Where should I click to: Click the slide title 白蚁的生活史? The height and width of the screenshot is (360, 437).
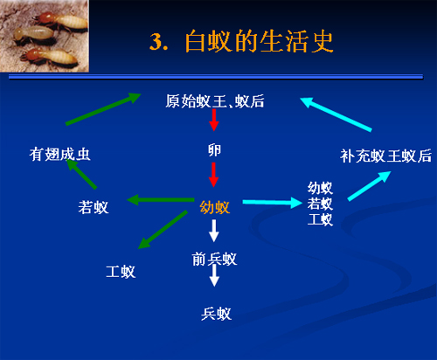(x=259, y=41)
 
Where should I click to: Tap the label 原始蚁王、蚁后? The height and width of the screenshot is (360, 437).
(x=215, y=101)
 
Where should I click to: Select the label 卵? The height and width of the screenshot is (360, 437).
(x=214, y=150)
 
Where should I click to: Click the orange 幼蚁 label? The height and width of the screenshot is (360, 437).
(x=215, y=208)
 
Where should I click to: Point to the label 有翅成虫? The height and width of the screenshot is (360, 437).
(x=59, y=154)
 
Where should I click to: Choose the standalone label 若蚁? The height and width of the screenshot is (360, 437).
(x=94, y=208)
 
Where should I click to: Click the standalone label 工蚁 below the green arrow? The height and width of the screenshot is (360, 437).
(x=121, y=272)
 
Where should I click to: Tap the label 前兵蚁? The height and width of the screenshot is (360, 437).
(x=214, y=259)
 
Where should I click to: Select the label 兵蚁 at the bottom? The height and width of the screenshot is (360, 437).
(x=216, y=314)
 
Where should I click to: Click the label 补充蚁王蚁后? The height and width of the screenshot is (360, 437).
(x=385, y=156)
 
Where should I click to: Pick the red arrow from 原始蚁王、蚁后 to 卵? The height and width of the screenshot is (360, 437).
(x=214, y=120)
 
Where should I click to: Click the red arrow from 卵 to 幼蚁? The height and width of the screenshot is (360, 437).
(x=214, y=175)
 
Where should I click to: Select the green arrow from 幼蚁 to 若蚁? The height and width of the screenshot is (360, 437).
(x=161, y=200)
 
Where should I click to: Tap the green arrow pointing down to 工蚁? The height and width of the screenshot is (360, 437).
(x=163, y=230)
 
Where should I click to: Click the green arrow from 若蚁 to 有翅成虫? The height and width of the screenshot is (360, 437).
(x=81, y=174)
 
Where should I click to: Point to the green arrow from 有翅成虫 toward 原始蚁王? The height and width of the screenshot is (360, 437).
(x=103, y=109)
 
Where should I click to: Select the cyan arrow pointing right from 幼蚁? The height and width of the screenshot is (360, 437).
(x=273, y=203)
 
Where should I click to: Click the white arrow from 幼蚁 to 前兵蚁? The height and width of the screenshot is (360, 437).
(x=214, y=231)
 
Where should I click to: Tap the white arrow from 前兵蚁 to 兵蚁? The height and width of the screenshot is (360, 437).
(x=214, y=275)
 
